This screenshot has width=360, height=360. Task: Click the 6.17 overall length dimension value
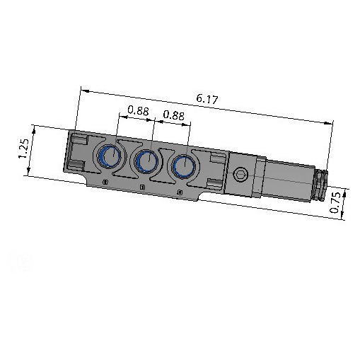coord(207,99)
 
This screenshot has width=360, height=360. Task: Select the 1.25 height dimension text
coord(24,149)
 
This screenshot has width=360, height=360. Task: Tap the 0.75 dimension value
coord(335,203)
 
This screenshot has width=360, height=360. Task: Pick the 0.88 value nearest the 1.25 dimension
coord(138,111)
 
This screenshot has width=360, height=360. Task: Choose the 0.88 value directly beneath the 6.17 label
coord(174,115)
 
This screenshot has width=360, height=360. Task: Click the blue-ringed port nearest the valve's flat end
coord(109,156)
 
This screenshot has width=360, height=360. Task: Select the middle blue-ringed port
coord(146,161)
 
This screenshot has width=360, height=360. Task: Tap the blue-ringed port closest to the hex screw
coord(183,166)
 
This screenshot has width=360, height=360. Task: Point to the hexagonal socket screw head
coord(240,175)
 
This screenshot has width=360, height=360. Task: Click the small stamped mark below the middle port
coord(142,187)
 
